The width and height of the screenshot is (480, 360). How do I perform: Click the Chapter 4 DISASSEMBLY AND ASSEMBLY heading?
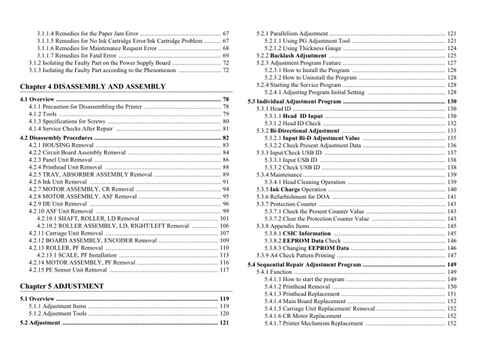tap(93, 87)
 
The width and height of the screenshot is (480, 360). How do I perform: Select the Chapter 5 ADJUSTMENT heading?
tap(62, 286)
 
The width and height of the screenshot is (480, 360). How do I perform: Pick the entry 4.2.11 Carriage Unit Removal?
tap(67, 232)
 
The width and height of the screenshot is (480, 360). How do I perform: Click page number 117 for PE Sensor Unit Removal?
tap(224, 269)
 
